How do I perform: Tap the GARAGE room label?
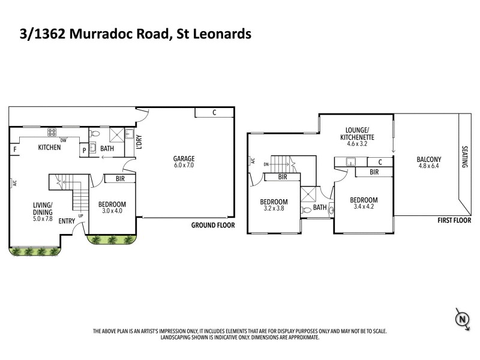pos(184,159)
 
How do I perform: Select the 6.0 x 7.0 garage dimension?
pos(184,165)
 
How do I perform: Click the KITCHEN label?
pos(49,147)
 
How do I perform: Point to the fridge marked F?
pos(14,148)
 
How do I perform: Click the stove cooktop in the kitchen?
pos(52,132)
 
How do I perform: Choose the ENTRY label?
pos(67,221)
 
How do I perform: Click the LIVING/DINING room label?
pos(43,208)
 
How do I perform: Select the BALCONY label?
pos(429,160)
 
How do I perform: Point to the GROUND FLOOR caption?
pos(212,226)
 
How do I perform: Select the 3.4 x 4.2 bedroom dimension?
pos(364,207)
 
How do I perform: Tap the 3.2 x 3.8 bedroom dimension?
pos(274,209)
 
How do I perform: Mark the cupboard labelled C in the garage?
pos(214,112)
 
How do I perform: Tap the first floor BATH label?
pos(320,208)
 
